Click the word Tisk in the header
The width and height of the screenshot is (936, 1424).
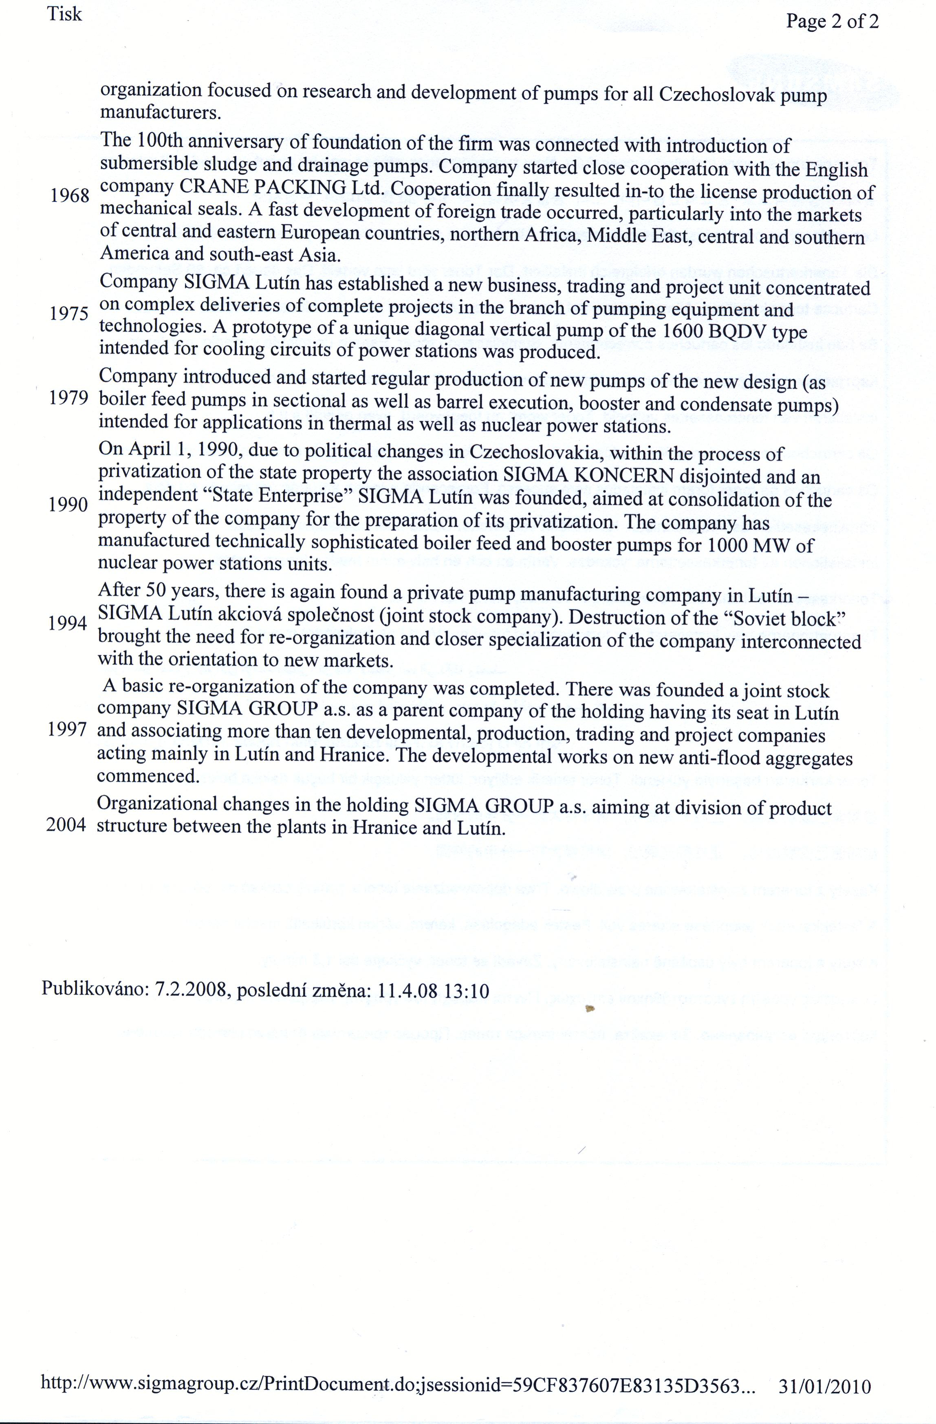(x=65, y=14)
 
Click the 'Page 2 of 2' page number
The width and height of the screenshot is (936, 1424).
(x=832, y=22)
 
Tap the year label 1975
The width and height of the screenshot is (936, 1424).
(x=69, y=313)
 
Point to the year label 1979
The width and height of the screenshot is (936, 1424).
(x=69, y=398)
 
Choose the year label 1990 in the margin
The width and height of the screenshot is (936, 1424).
(x=68, y=505)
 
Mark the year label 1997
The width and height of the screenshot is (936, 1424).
(x=68, y=731)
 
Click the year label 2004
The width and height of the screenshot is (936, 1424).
(x=67, y=826)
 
